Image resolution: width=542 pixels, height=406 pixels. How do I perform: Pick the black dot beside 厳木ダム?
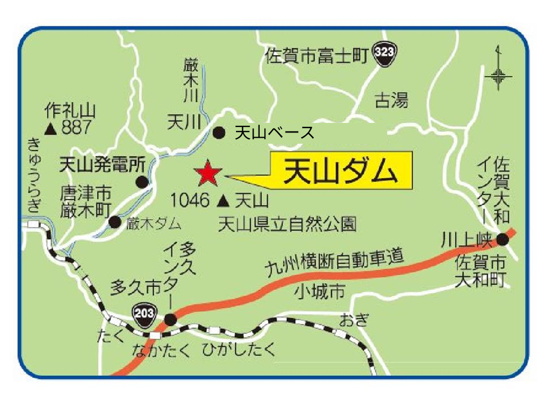[115, 222]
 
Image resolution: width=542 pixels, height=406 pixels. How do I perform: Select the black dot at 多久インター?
[171, 320]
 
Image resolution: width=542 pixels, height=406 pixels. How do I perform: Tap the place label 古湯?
[391, 101]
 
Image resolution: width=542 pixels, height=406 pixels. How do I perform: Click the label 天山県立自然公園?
[287, 224]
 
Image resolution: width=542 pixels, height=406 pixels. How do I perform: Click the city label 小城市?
[319, 292]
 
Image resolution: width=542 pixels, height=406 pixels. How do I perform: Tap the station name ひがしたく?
[240, 350]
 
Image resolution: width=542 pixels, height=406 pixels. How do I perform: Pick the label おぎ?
[353, 321]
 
